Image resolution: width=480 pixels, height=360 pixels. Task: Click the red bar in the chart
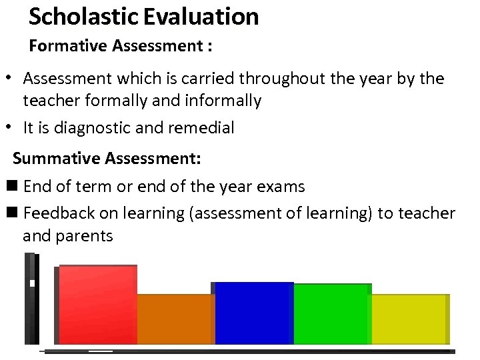(x=97, y=305)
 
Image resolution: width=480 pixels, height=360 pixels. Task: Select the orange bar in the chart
(x=175, y=319)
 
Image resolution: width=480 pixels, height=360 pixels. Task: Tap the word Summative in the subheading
(x=57, y=159)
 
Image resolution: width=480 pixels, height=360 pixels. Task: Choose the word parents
(x=85, y=235)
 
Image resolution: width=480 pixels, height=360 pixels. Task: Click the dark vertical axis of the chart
(x=31, y=300)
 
